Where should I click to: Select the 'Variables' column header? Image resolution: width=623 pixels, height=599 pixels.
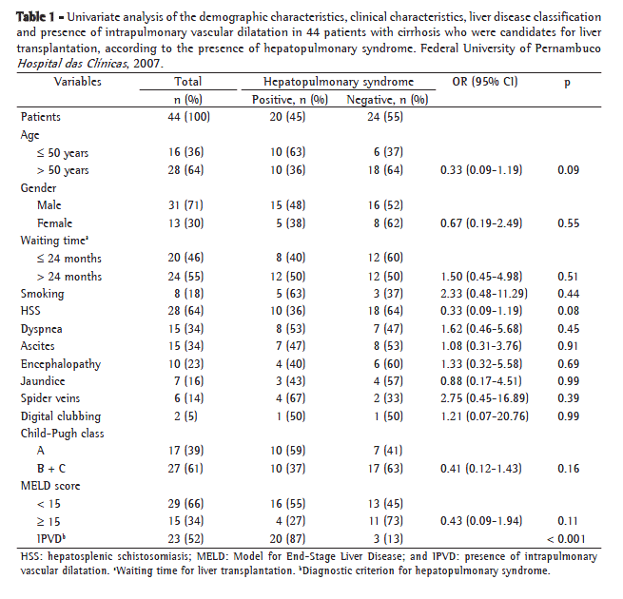pyautogui.click(x=79, y=83)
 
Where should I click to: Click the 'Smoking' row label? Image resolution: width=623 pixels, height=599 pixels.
pyautogui.click(x=43, y=294)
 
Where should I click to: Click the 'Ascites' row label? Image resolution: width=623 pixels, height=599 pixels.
pyautogui.click(x=39, y=346)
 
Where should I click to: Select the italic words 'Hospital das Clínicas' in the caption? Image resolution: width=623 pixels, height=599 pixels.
pyautogui.click(x=70, y=63)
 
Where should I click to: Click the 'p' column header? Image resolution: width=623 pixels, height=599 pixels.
pyautogui.click(x=568, y=83)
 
